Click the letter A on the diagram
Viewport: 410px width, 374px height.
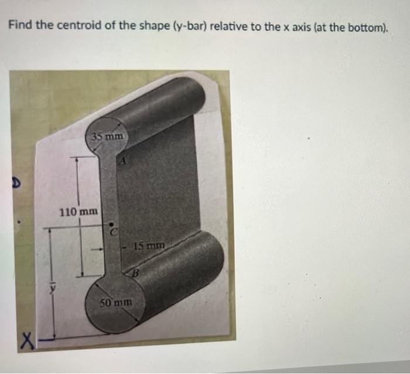(125, 161)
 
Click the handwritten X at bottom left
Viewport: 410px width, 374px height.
(26, 338)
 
